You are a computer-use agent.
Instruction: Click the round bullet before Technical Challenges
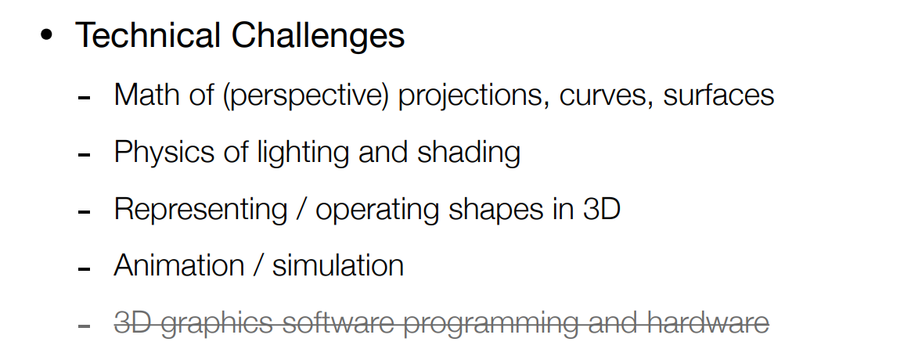click(x=46, y=35)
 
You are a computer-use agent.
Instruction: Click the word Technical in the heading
click(x=148, y=35)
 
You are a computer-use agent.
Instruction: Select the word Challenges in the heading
click(x=318, y=36)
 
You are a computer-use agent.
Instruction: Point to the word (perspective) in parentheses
click(x=305, y=95)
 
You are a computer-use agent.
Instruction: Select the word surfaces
click(x=718, y=94)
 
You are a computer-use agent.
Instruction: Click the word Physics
click(x=164, y=153)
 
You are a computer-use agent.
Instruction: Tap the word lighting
click(x=305, y=153)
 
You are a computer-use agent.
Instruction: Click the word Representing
click(x=200, y=210)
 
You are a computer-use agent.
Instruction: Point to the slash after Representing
click(x=301, y=210)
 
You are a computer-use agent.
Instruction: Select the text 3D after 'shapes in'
click(x=601, y=208)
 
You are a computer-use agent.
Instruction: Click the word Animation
click(x=179, y=265)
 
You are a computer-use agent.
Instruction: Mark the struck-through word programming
click(x=491, y=324)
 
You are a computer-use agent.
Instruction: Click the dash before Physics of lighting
click(x=85, y=156)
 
